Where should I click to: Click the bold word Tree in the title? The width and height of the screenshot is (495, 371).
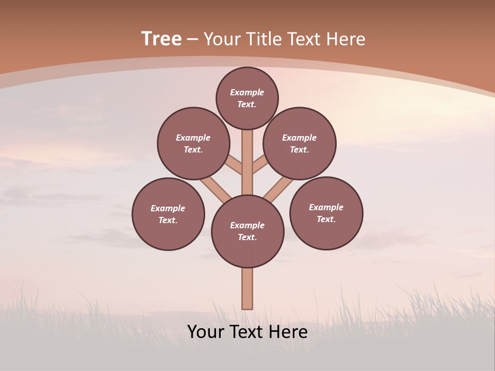click(161, 39)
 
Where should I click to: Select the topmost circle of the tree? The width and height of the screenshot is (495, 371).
click(247, 98)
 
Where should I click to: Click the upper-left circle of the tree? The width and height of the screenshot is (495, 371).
click(193, 144)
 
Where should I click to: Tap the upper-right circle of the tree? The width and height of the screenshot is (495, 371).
click(300, 144)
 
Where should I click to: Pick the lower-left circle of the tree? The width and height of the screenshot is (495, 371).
click(168, 214)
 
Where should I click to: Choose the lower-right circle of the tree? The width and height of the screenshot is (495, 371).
click(326, 213)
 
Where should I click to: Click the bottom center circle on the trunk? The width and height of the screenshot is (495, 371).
click(247, 231)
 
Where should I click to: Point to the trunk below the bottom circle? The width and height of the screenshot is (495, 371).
click(247, 289)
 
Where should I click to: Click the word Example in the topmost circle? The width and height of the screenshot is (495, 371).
click(247, 93)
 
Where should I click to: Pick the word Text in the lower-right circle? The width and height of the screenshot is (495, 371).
click(326, 220)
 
